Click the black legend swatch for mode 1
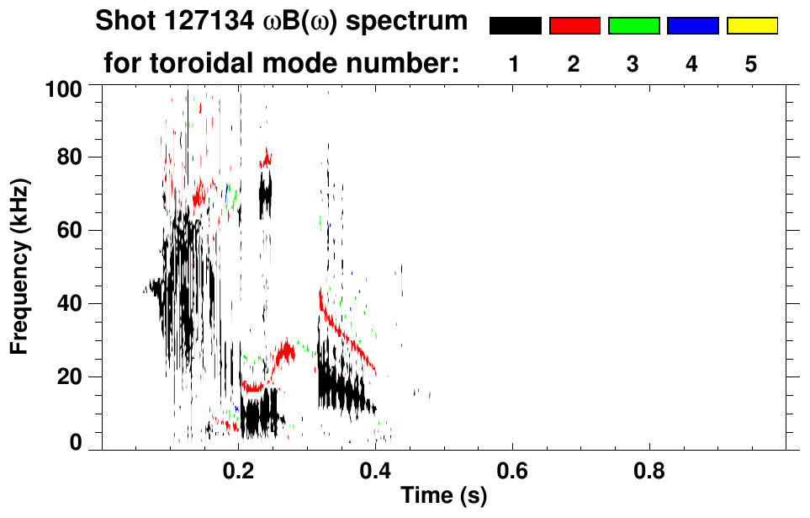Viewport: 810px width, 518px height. tap(515, 26)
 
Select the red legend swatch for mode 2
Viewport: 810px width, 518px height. tap(574, 26)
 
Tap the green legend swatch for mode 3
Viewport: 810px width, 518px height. tap(633, 26)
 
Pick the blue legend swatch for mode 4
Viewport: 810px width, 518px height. tap(692, 26)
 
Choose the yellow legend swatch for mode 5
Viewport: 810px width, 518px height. tap(752, 26)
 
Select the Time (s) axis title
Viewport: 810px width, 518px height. tap(442, 497)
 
